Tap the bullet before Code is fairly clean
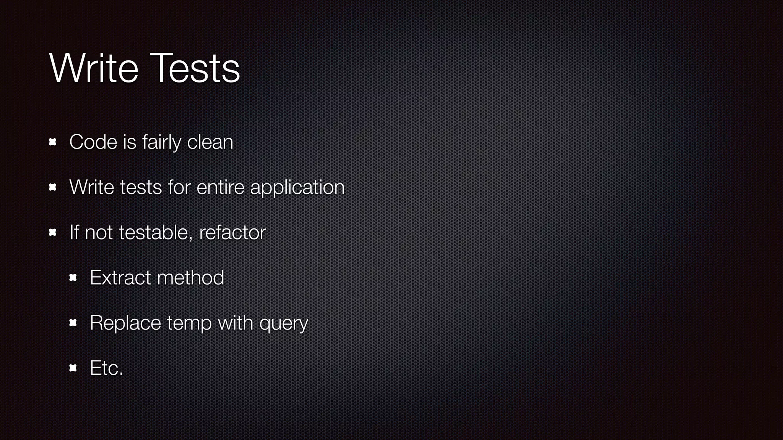tap(53, 142)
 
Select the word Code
tap(93, 142)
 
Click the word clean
tap(210, 142)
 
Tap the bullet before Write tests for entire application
tap(53, 187)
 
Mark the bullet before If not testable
tap(53, 232)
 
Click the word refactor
tap(232, 232)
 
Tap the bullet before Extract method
tap(73, 278)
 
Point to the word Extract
tap(120, 278)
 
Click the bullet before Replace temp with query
tap(73, 323)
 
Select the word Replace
tap(125, 323)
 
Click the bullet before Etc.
tap(73, 368)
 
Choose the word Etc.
tap(106, 368)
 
